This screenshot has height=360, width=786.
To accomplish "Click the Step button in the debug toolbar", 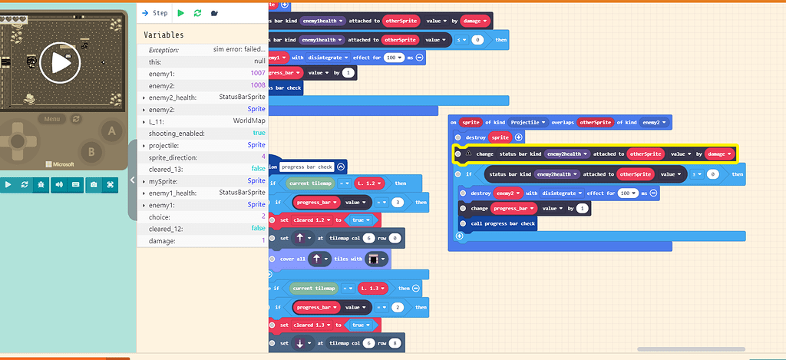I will (x=155, y=13).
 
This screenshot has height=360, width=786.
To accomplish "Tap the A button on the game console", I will (x=111, y=131).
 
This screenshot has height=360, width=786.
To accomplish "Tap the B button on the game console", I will (x=91, y=151).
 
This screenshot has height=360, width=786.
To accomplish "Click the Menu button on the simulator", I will (x=52, y=119).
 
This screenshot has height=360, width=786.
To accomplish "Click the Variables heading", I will (x=163, y=35).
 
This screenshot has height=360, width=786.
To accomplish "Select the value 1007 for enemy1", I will (x=258, y=73).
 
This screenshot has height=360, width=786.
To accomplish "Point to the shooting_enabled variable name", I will (x=176, y=133).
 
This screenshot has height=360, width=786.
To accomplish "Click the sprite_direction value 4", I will (x=263, y=157).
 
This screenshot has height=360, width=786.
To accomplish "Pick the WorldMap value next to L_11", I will (x=249, y=121).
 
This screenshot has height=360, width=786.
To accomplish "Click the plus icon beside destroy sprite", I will (x=518, y=137).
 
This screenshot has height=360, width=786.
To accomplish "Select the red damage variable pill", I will (x=720, y=154).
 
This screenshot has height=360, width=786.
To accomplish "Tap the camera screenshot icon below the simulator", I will (x=94, y=184).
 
